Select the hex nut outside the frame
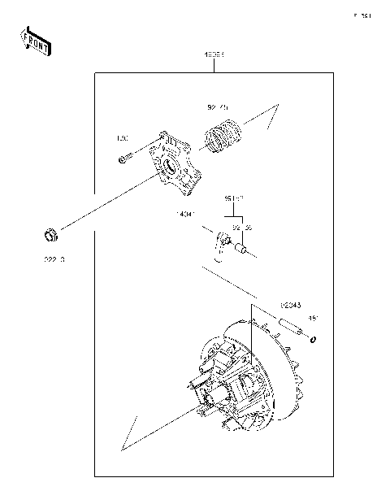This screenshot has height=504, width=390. pos(50,237)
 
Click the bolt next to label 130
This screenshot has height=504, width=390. pos(123,159)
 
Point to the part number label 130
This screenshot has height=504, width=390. pos(123,137)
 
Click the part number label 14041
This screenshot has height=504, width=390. pos(186,215)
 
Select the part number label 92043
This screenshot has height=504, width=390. pos(290,306)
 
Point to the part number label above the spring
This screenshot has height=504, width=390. pos(217,106)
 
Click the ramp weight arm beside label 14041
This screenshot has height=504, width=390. pos(220,244)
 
